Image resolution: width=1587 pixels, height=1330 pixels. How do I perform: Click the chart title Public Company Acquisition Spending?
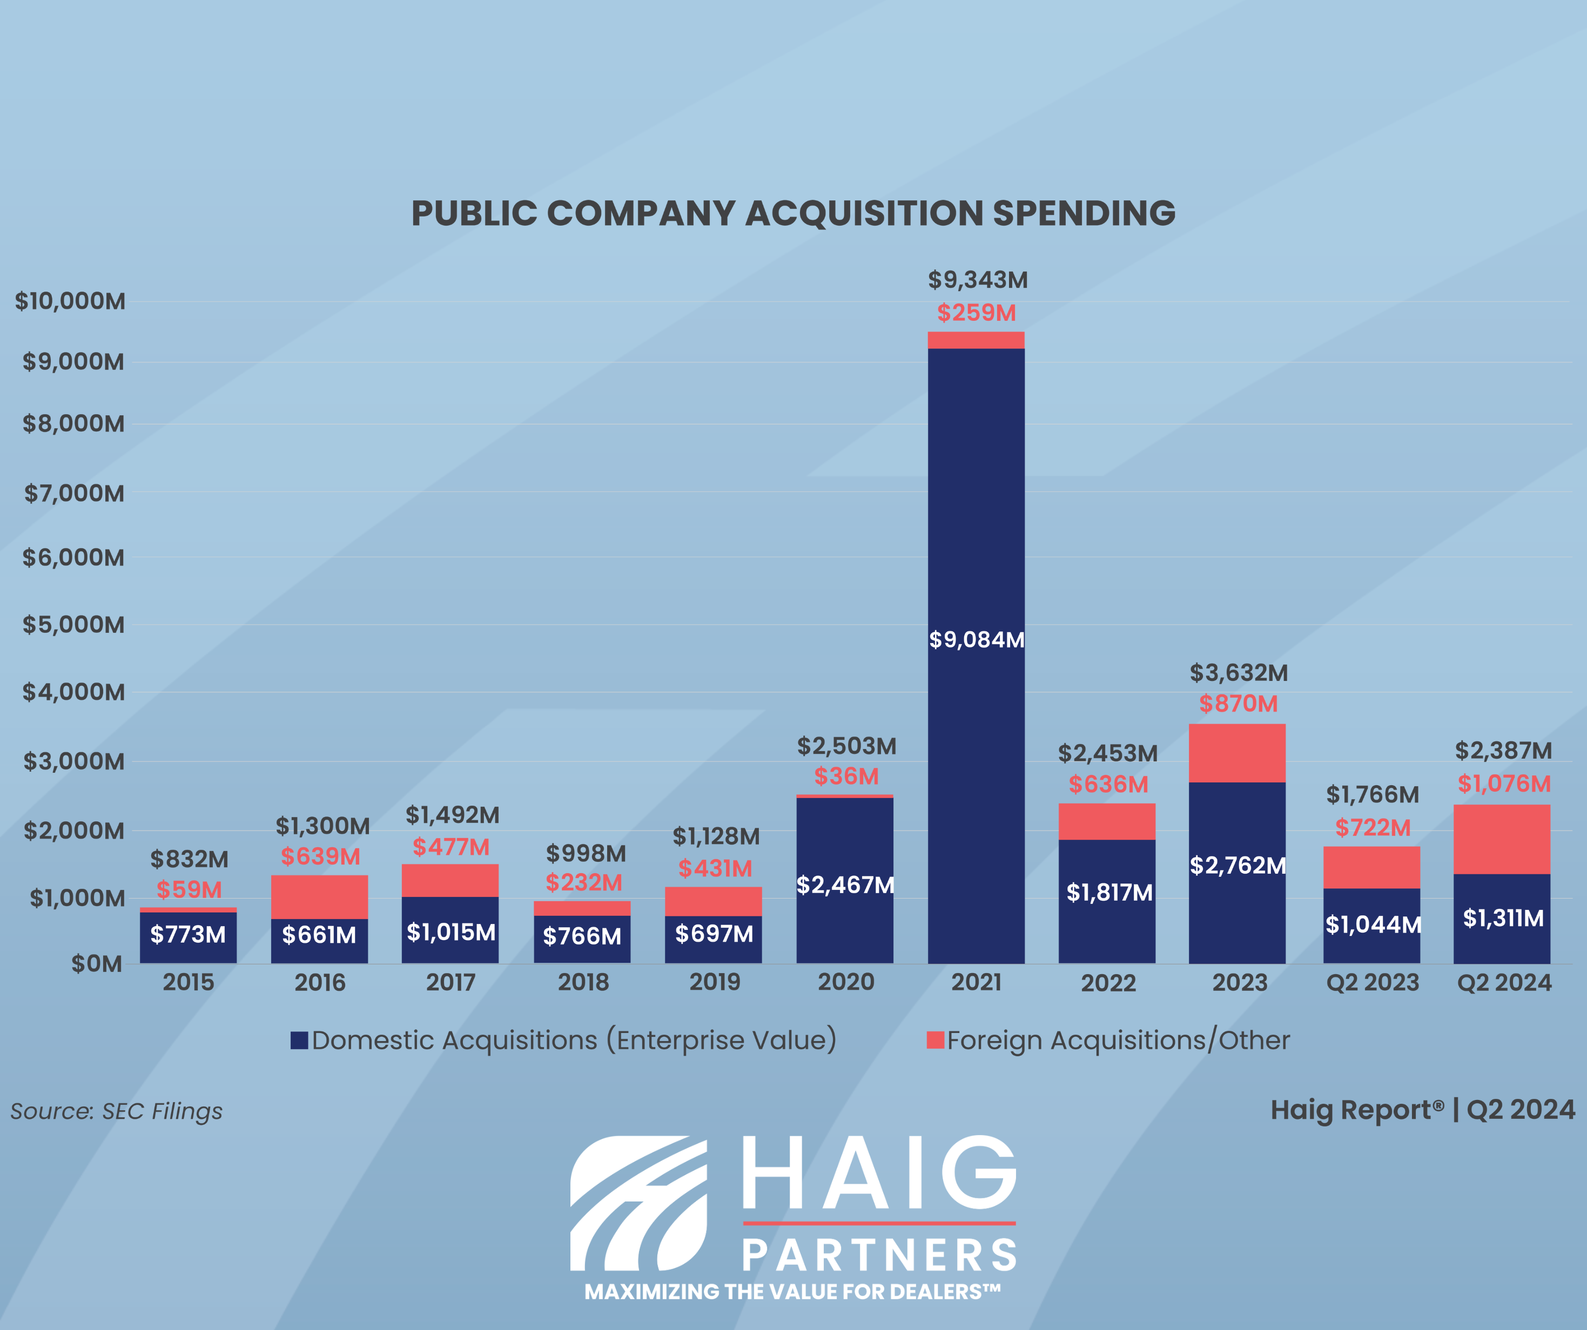click(793, 213)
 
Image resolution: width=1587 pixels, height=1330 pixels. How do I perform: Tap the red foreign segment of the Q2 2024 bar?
click(1502, 839)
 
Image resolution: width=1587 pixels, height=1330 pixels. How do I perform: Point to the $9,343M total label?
click(978, 280)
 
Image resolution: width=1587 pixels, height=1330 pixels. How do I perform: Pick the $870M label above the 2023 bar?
click(1238, 704)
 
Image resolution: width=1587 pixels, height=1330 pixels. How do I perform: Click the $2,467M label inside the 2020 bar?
click(845, 885)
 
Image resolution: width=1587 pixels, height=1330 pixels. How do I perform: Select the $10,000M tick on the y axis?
click(70, 301)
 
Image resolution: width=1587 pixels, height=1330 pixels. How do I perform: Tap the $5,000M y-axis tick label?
click(73, 625)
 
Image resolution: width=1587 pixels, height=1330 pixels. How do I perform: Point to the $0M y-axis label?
click(96, 963)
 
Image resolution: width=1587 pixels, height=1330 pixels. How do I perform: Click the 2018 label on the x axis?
click(583, 982)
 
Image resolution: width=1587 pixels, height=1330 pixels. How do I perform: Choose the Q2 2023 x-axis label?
click(1373, 982)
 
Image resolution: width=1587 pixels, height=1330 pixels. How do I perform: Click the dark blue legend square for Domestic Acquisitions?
click(299, 1041)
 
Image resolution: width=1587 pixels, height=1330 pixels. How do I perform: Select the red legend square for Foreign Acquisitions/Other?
click(936, 1041)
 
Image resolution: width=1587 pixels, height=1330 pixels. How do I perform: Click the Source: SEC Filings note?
click(116, 1111)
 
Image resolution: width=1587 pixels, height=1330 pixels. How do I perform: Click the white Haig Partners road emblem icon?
click(638, 1203)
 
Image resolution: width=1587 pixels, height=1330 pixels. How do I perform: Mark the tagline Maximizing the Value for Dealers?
click(792, 1292)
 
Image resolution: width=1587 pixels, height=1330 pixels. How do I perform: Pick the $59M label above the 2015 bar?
click(189, 889)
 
